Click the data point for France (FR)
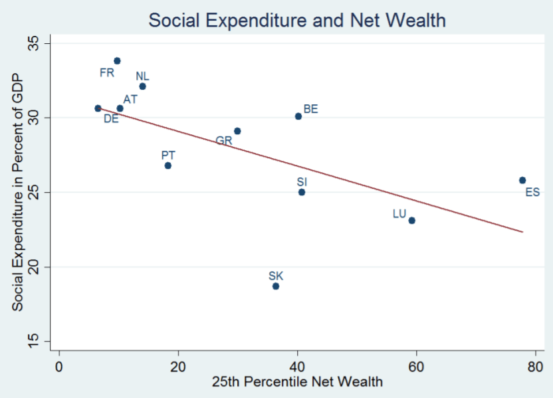pos(117,60)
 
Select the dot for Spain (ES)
pos(522,180)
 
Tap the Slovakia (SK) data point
pos(276,286)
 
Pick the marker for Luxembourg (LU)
pos(412,221)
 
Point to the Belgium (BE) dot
pos(298,116)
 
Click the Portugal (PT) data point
pos(168,165)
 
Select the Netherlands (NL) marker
pos(142,86)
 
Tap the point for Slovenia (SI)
pos(302,192)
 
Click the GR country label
pos(223,141)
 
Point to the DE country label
pos(111,119)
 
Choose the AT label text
pos(130,99)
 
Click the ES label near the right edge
pos(532,193)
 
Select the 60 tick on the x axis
pos(416,365)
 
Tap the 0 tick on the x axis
pos(59,365)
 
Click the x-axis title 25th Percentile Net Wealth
pos(297,383)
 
